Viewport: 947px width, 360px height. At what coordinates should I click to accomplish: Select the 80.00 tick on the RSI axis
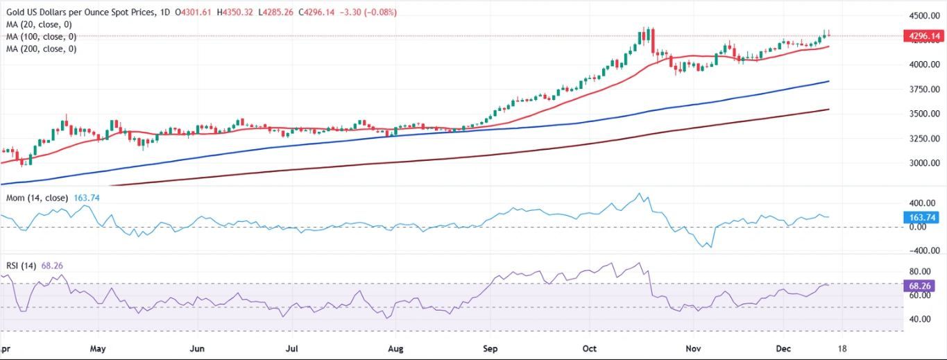pyautogui.click(x=923, y=271)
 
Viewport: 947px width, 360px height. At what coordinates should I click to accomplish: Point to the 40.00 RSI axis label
pyautogui.click(x=923, y=319)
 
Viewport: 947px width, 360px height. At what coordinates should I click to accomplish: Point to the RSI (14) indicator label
pyautogui.click(x=22, y=265)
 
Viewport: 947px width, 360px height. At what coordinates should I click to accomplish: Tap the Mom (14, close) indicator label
pyautogui.click(x=36, y=198)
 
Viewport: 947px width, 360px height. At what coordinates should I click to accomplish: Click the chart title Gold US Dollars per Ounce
pyautogui.click(x=70, y=12)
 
